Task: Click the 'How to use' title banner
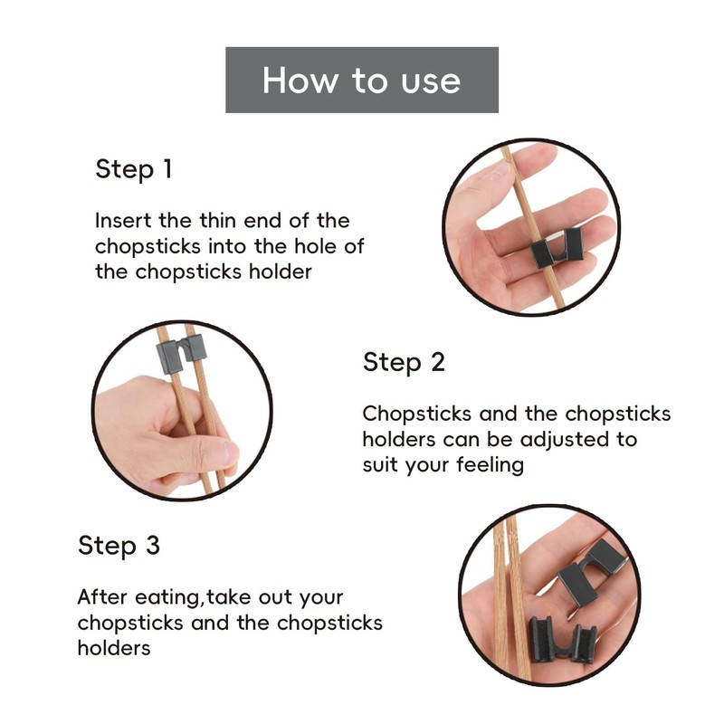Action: [362, 80]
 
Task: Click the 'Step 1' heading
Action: [133, 169]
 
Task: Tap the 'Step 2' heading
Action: [404, 363]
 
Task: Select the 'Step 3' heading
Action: [119, 546]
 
